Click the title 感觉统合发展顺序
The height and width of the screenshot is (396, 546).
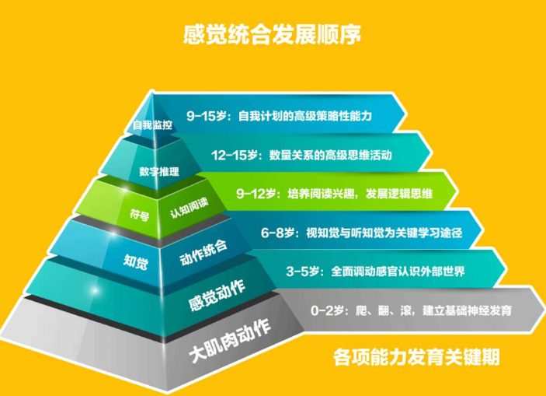coord(272,34)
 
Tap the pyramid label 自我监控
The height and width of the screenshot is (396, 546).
coord(152,125)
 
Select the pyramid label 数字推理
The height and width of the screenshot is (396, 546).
coord(159,172)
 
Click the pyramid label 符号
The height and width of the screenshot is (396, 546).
coord(140,214)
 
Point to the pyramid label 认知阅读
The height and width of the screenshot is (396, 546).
coord(190,207)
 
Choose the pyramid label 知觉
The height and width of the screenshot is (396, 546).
coord(136,261)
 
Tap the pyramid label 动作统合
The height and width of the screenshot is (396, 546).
coord(203,252)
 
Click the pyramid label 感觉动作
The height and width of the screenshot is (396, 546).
coord(217,296)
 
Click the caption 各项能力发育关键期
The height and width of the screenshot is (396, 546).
coord(416,356)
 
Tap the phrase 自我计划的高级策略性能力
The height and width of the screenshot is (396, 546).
coord(305,116)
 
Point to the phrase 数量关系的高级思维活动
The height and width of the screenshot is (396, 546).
coord(330,155)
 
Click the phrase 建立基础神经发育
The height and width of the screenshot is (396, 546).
coord(467,310)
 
